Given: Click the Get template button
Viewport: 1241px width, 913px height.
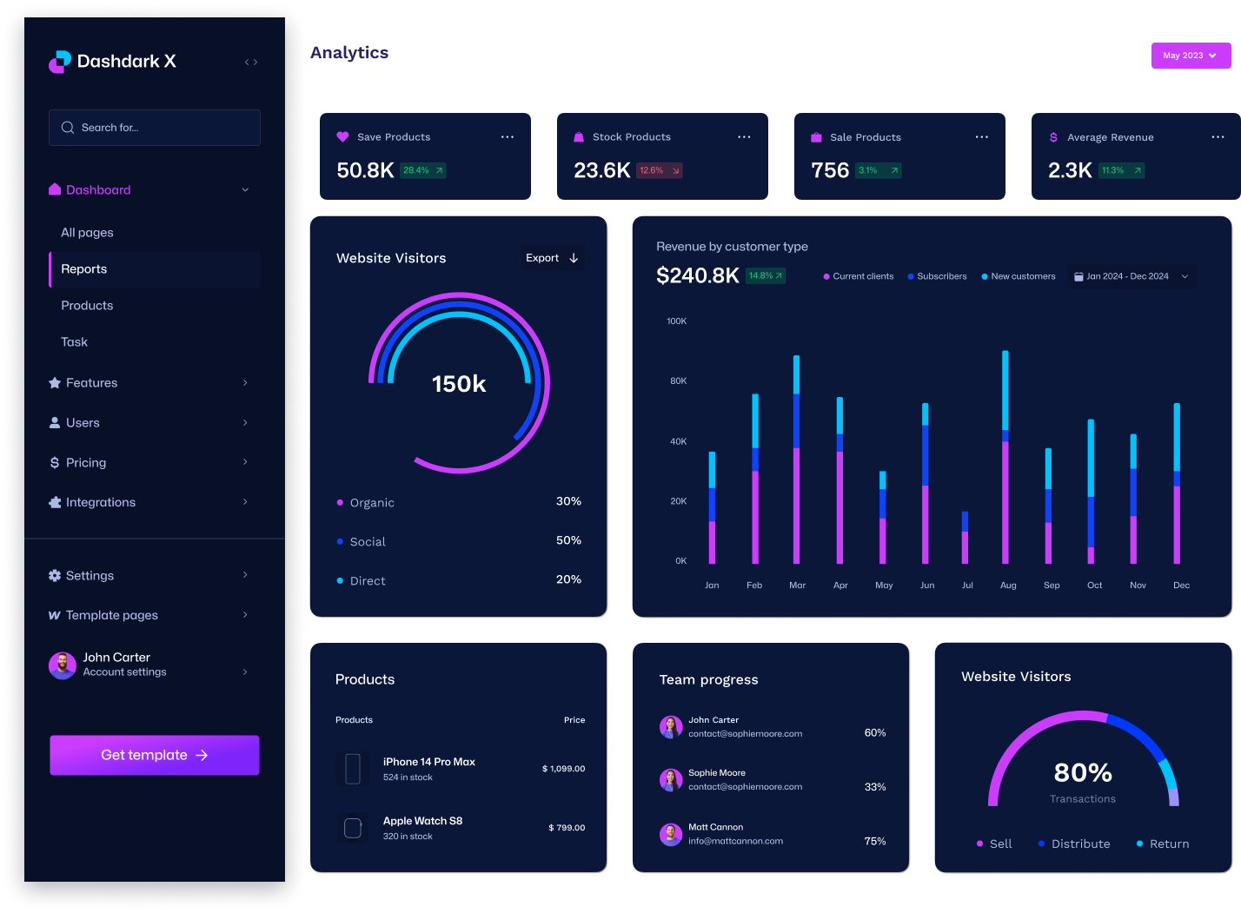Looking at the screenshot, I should point(155,755).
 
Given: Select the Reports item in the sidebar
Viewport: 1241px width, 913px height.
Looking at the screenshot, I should point(84,269).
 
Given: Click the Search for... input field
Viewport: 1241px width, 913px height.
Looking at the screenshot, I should point(155,128).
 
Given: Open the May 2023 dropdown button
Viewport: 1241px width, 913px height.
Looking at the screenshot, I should point(1191,56).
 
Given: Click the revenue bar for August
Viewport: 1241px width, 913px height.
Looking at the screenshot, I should point(1005,457).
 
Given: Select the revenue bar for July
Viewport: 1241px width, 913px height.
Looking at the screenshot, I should point(965,538).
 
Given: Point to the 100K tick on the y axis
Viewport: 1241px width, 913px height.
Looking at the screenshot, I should point(676,321).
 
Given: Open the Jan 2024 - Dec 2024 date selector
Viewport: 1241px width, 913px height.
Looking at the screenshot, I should point(1131,276).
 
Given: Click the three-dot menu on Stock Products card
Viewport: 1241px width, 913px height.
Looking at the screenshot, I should point(744,137).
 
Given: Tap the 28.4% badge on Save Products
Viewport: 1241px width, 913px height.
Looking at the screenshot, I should point(423,170).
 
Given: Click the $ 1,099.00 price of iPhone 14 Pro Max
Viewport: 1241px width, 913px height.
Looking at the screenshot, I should point(563,769).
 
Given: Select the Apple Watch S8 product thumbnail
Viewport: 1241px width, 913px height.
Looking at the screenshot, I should point(353,828).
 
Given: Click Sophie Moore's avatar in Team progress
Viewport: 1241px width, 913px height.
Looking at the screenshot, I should point(671,780).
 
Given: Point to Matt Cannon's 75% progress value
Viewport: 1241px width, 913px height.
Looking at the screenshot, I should point(875,841).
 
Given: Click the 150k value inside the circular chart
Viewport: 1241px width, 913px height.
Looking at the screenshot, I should point(459,384).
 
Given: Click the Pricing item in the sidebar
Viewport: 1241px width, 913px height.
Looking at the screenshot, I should point(86,463).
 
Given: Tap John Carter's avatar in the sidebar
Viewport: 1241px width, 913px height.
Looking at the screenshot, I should point(63,665).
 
